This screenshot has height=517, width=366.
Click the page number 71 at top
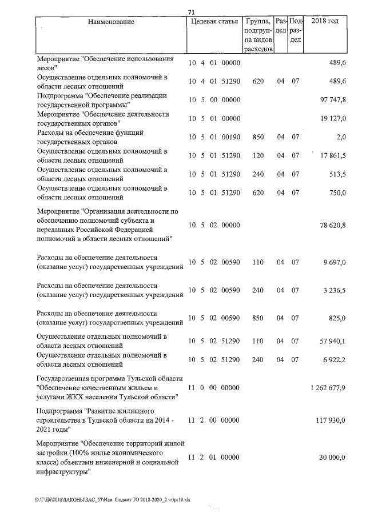[x=192, y=12]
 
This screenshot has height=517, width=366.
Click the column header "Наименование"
[x=112, y=22]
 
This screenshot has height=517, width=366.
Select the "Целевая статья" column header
[x=214, y=22]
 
